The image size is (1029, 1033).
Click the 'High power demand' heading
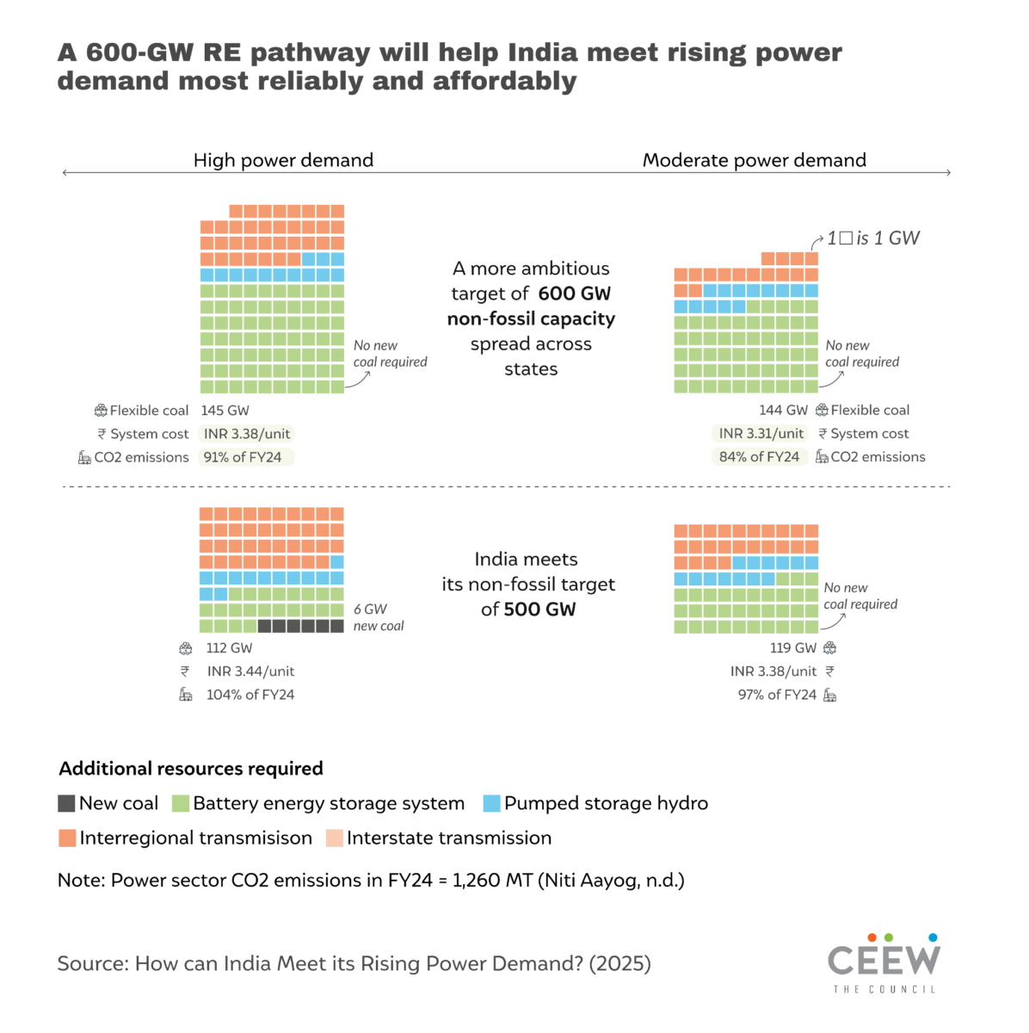[x=283, y=160]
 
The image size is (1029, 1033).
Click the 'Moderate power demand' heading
[x=754, y=160]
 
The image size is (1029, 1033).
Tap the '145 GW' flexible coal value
[x=225, y=411]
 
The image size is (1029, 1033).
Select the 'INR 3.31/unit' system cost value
[x=761, y=434]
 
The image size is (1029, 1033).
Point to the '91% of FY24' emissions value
[x=243, y=457]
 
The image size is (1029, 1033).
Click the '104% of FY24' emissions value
[x=250, y=695]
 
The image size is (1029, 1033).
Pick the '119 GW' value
[x=792, y=648]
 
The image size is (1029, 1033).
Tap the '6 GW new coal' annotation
[x=378, y=617]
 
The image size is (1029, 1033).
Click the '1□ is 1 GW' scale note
[x=872, y=238]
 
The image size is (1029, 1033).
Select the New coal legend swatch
[x=66, y=803]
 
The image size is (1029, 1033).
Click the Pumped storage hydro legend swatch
[x=491, y=803]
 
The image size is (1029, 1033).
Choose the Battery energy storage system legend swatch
[x=180, y=803]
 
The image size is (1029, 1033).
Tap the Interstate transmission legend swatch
[x=335, y=838]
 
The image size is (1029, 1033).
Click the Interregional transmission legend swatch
[x=67, y=838]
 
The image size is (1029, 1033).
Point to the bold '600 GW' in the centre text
[x=574, y=294]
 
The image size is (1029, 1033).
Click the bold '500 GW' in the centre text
[x=539, y=609]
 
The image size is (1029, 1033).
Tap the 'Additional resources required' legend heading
[x=191, y=769]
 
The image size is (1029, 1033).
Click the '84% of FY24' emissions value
[x=759, y=457]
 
